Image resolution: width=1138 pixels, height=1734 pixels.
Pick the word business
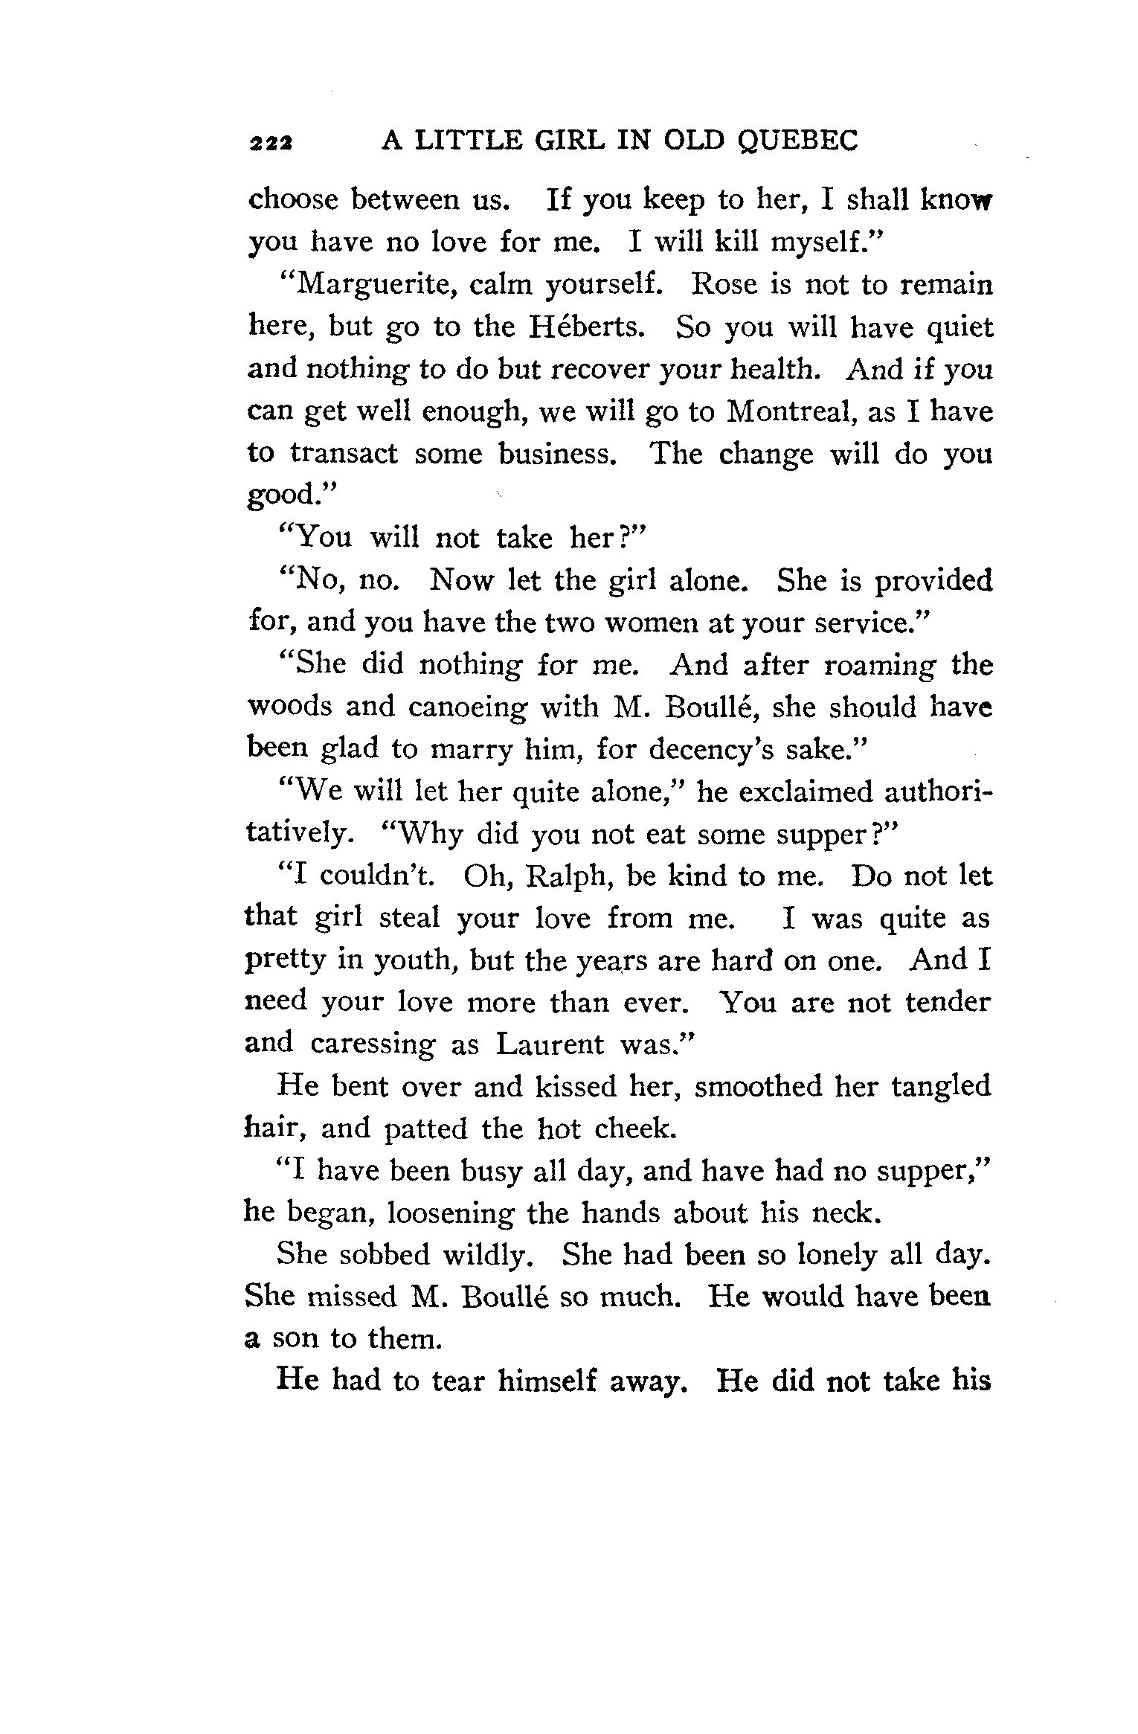tap(558, 453)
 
